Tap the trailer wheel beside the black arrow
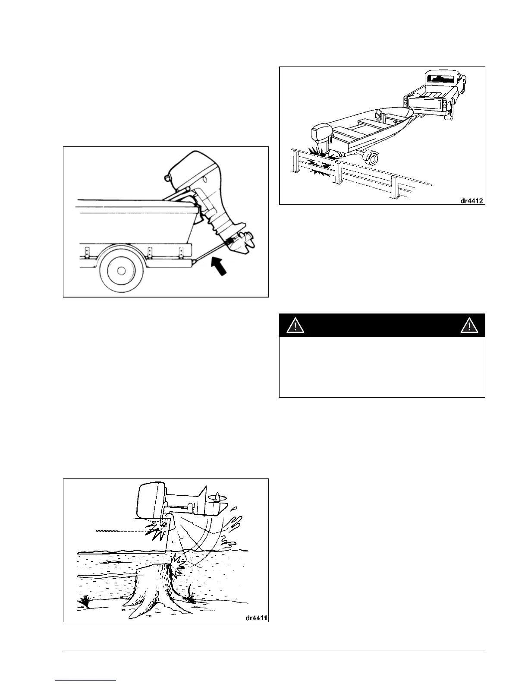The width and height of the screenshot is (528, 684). coord(121,270)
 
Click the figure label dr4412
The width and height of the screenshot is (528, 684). coord(471,199)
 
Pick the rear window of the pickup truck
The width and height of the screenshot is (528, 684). coord(440,79)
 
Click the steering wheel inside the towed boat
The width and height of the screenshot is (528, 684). coord(380,114)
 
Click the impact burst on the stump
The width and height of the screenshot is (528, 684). coord(178,564)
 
